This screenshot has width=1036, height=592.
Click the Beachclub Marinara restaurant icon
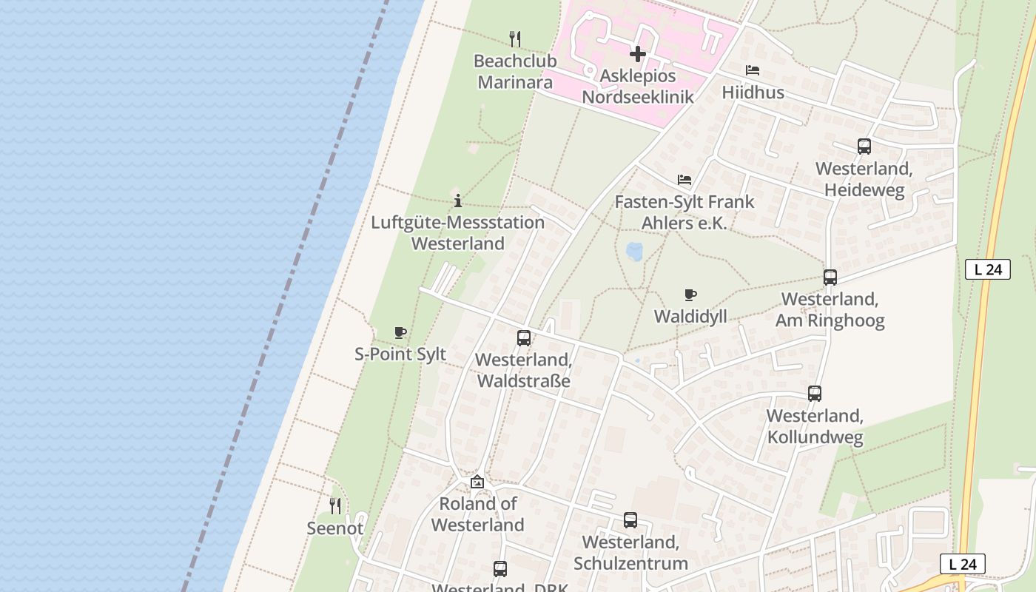tap(515, 38)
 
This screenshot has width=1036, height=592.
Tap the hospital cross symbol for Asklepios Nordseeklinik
tap(637, 54)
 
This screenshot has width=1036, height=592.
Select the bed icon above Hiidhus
tap(753, 71)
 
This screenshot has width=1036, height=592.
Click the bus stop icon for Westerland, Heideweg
tap(864, 147)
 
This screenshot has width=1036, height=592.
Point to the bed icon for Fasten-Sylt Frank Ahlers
tap(684, 180)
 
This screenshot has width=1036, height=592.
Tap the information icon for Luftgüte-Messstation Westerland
tap(458, 201)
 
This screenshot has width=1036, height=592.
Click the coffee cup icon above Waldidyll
tap(690, 295)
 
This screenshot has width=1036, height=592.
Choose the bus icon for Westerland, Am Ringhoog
tap(830, 277)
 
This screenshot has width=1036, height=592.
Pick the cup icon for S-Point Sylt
tap(400, 333)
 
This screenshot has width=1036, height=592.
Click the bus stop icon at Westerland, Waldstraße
tap(524, 338)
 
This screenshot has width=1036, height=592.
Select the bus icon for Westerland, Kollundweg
tap(815, 394)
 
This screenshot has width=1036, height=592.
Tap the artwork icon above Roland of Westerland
tap(477, 482)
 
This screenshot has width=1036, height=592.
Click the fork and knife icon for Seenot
tap(335, 506)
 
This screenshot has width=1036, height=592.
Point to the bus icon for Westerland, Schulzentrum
tap(630, 520)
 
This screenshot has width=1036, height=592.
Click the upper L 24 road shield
tap(987, 269)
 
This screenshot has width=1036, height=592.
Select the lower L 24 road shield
tap(962, 564)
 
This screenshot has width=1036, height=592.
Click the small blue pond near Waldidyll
tap(634, 252)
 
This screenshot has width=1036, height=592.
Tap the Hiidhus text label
tap(753, 92)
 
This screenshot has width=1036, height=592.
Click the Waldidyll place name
tap(690, 317)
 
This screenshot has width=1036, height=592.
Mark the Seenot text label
tap(335, 528)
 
